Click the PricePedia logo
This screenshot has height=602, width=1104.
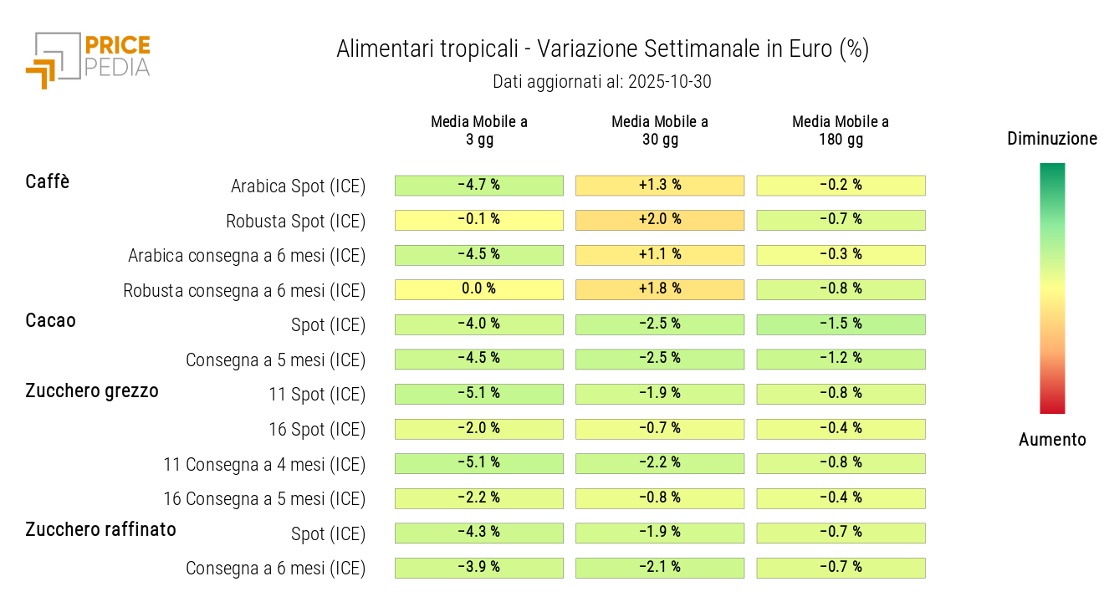pos(88,59)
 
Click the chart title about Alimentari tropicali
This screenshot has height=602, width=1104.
pos(602,49)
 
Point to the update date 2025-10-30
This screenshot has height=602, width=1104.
pos(602,82)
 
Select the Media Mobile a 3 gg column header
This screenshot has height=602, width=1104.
pos(479,130)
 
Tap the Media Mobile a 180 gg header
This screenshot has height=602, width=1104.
pos(841,130)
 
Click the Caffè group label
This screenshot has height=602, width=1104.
pos(48,181)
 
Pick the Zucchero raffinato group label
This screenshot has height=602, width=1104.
pos(100,529)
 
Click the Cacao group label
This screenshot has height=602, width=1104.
pos(50,320)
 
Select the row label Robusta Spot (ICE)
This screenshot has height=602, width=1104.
pos(295,222)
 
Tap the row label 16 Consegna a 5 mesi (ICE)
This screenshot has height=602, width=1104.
pos(264,499)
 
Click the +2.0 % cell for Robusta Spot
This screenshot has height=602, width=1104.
pos(660,220)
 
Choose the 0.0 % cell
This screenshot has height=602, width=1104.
pos(479,289)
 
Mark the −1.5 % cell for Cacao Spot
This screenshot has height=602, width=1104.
pos(841,324)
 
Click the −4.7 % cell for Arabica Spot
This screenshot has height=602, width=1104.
pos(479,185)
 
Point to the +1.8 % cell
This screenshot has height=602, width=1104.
pos(660,289)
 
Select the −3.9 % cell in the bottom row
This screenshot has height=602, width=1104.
pos(479,568)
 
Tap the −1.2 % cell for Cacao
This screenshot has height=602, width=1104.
pos(841,359)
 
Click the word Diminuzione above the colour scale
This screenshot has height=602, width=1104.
pos(1052,139)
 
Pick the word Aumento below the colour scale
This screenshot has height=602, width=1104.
pos(1052,440)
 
